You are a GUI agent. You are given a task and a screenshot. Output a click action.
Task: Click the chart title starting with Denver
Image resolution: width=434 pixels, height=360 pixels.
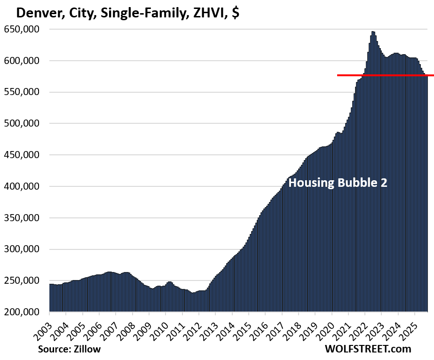[x=127, y=13]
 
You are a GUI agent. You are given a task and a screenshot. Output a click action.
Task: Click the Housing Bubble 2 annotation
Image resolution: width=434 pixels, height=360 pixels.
[x=338, y=183]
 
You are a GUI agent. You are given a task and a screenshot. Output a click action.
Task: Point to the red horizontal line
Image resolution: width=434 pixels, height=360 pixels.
[x=386, y=75]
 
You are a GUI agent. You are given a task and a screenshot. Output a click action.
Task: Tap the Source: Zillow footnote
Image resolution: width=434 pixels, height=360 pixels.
[x=70, y=349]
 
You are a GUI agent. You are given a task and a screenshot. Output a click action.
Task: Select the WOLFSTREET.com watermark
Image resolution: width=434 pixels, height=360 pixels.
[x=368, y=349]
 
